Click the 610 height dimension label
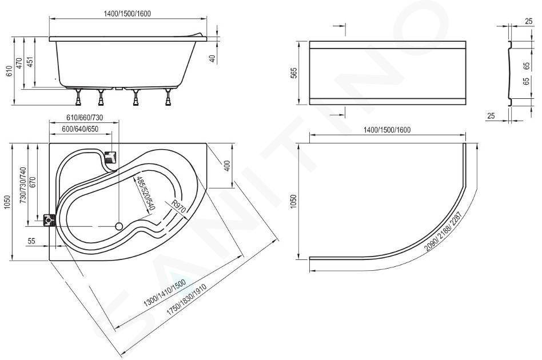(x=10, y=71)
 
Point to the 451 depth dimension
(x=30, y=62)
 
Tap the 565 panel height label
(x=293, y=73)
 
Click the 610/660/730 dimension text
(x=85, y=118)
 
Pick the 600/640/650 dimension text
(x=80, y=129)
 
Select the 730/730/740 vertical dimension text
(x=23, y=185)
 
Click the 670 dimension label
(x=33, y=182)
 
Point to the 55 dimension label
(x=31, y=241)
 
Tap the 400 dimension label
(x=227, y=166)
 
